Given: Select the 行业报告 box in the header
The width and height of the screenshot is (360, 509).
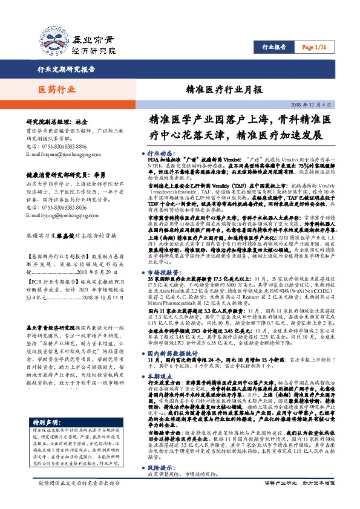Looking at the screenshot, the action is click(273, 47).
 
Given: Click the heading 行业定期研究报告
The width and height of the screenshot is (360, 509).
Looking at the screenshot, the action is click(66, 69).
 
